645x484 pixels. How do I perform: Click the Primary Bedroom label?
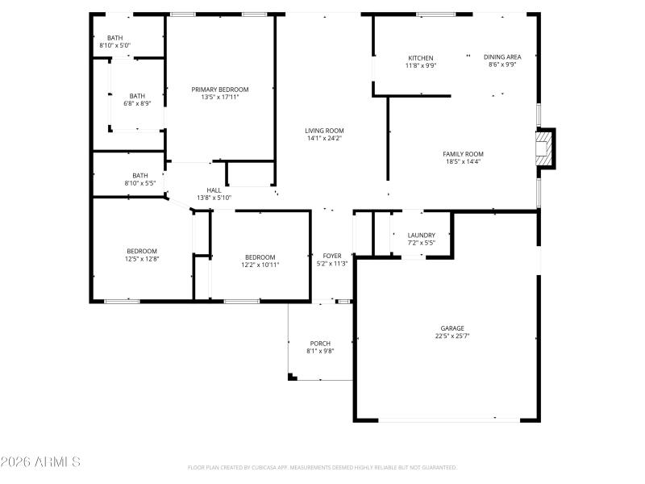coord(219,90)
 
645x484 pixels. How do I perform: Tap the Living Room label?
coord(324,131)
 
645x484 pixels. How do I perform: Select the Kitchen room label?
coord(420,58)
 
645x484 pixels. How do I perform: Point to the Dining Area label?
coord(502,57)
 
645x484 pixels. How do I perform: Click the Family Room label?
coord(463,154)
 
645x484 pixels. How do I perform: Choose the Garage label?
coord(451,328)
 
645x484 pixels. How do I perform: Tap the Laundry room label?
coord(421,236)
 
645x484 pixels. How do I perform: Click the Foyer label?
coord(331,256)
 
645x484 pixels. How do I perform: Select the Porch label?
coord(319,344)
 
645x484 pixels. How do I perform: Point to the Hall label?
coord(214,190)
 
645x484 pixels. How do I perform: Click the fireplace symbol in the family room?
coord(547,149)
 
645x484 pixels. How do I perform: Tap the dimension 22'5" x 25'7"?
coord(451,336)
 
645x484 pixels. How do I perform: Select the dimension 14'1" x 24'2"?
coord(324,138)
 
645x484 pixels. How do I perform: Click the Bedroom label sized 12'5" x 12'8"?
coord(141,251)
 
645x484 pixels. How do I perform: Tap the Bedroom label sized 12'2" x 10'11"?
coord(260,257)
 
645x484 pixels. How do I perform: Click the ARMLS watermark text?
coord(40,462)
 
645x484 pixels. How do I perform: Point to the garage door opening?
coord(449,419)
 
